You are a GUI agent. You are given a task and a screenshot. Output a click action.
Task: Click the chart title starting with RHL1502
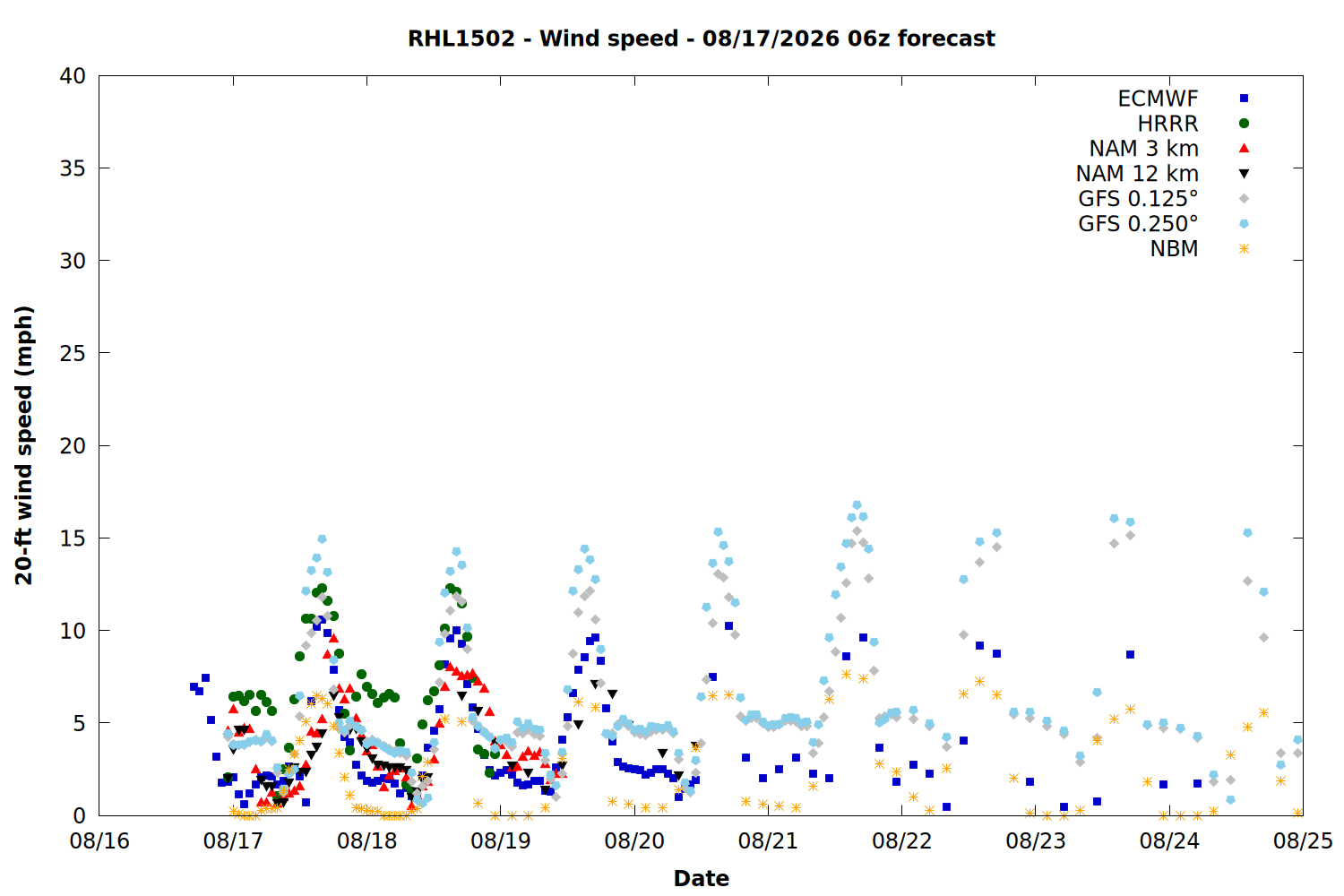pyautogui.click(x=701, y=39)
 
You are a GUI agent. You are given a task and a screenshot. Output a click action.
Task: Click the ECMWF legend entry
pyautogui.click(x=1158, y=99)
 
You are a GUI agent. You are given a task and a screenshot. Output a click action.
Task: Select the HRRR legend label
pyautogui.click(x=1167, y=124)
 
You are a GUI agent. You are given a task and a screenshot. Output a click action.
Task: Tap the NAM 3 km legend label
pyautogui.click(x=1143, y=148)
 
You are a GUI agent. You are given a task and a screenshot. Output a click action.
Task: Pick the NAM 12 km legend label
pyautogui.click(x=1137, y=174)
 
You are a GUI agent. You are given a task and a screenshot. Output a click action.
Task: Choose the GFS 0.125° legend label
pyautogui.click(x=1138, y=199)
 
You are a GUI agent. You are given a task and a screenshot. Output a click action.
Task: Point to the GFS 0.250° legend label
pyautogui.click(x=1138, y=224)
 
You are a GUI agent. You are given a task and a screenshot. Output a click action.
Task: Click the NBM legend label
pyautogui.click(x=1174, y=248)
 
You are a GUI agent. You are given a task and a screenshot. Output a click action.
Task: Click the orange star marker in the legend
pyautogui.click(x=1244, y=248)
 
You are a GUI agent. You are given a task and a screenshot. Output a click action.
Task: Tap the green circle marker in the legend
pyautogui.click(x=1244, y=124)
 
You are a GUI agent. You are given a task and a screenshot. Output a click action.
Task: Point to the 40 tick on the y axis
pyautogui.click(x=73, y=76)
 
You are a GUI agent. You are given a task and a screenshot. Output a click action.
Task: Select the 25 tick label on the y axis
pyautogui.click(x=73, y=354)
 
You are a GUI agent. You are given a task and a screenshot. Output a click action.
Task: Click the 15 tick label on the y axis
pyautogui.click(x=73, y=538)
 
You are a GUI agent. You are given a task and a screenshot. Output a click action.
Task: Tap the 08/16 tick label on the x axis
pyautogui.click(x=99, y=841)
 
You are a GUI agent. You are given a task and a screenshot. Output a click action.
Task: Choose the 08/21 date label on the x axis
pyautogui.click(x=768, y=841)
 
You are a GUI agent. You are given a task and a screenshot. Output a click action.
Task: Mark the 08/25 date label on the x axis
pyautogui.click(x=1303, y=841)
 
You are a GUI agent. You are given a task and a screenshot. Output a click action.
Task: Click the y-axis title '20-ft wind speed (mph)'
pyautogui.click(x=24, y=445)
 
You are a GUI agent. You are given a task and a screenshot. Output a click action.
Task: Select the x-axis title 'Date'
pyautogui.click(x=701, y=879)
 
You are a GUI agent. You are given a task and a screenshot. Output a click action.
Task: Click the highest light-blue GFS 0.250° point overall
pyautogui.click(x=857, y=505)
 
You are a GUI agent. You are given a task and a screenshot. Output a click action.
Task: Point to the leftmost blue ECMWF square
pyautogui.click(x=194, y=686)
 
